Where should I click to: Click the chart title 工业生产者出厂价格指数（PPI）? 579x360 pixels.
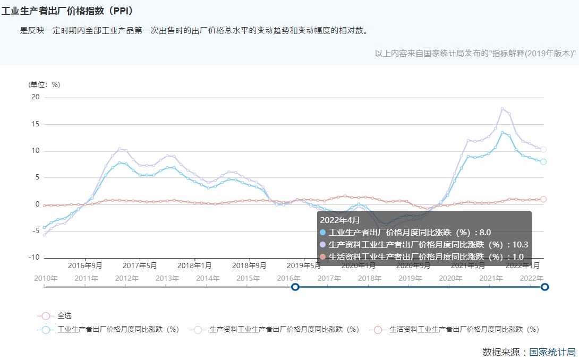click(67, 11)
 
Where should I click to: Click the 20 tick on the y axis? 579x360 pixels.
click(36, 97)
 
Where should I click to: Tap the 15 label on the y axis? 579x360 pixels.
click(36, 124)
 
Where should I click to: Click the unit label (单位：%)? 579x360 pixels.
click(44, 84)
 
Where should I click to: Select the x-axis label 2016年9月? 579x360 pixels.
click(85, 265)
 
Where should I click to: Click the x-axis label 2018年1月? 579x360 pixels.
click(194, 265)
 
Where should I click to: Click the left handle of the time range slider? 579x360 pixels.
click(295, 287)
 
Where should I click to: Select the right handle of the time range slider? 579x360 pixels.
click(544, 287)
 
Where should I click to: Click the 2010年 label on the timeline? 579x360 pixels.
click(46, 278)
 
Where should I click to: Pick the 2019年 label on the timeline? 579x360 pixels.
click(410, 278)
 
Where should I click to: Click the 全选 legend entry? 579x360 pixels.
click(65, 315)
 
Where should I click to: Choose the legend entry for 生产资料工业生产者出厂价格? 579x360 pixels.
click(284, 329)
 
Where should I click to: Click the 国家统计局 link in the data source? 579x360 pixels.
click(552, 352)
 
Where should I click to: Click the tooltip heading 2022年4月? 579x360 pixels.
click(339, 220)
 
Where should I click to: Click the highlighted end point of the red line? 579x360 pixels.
click(543, 199)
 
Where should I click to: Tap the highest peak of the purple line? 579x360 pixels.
click(502, 109)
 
